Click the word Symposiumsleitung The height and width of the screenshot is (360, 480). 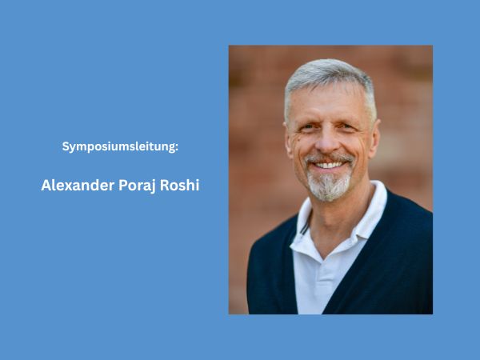(119, 147)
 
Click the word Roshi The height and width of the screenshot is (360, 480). (182, 186)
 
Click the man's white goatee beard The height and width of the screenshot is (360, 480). (330, 186)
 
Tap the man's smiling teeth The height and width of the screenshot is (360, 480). (329, 165)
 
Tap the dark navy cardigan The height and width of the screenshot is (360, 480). (392, 264)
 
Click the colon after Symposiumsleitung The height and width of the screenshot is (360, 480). (176, 147)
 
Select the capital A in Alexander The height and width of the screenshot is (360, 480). (46, 186)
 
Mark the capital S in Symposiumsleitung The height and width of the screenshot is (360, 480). (66, 147)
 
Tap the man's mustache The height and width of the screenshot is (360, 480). (328, 157)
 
